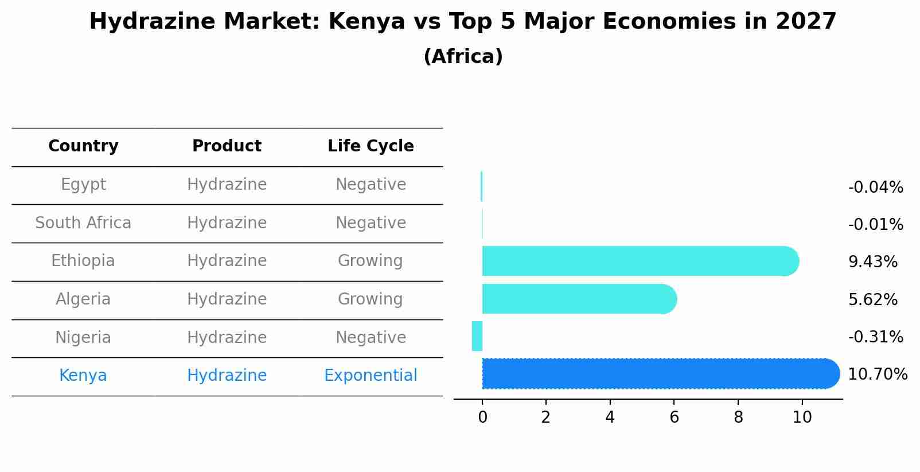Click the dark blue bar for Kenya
[660, 373]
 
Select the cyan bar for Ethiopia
[640, 261]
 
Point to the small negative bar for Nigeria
[477, 336]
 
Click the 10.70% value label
[877, 375]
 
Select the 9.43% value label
[872, 262]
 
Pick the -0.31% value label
[875, 337]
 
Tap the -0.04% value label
[875, 188]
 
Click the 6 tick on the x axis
[674, 418]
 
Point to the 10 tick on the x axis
[802, 418]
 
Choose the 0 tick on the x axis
[482, 418]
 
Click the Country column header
[83, 146]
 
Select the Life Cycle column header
[371, 146]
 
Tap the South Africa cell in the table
[83, 223]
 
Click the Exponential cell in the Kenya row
[371, 376]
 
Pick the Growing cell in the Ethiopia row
[371, 261]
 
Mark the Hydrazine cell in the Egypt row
[227, 185]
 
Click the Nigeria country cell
[83, 337]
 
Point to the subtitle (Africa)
[463, 57]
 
